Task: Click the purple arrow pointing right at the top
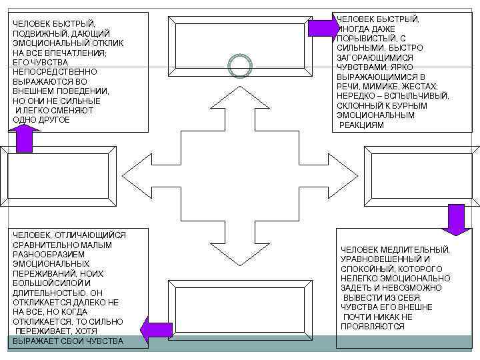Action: coord(325,27)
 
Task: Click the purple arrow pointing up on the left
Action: coord(24,139)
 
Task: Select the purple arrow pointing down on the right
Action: coord(456,219)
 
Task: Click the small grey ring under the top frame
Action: coord(240,65)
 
